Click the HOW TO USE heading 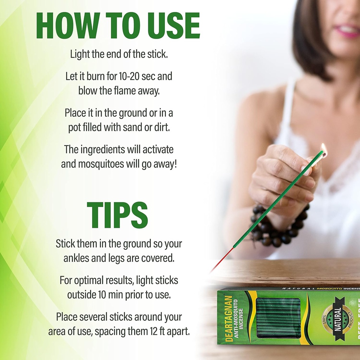pos(118,26)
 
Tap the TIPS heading pos(117,215)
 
